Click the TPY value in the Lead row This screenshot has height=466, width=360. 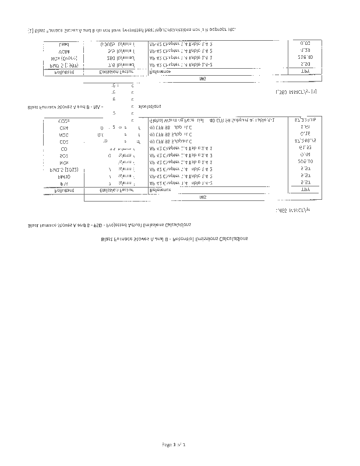coord(305,44)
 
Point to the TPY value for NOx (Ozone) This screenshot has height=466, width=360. coord(305,58)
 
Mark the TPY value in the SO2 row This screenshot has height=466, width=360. coord(305,156)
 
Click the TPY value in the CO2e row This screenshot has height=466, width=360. coord(305,120)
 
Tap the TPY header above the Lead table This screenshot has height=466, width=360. coord(305,72)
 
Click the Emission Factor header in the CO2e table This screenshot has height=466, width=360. coord(117,190)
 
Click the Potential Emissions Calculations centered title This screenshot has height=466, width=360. coord(174,239)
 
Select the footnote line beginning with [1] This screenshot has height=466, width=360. coord(131,29)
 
